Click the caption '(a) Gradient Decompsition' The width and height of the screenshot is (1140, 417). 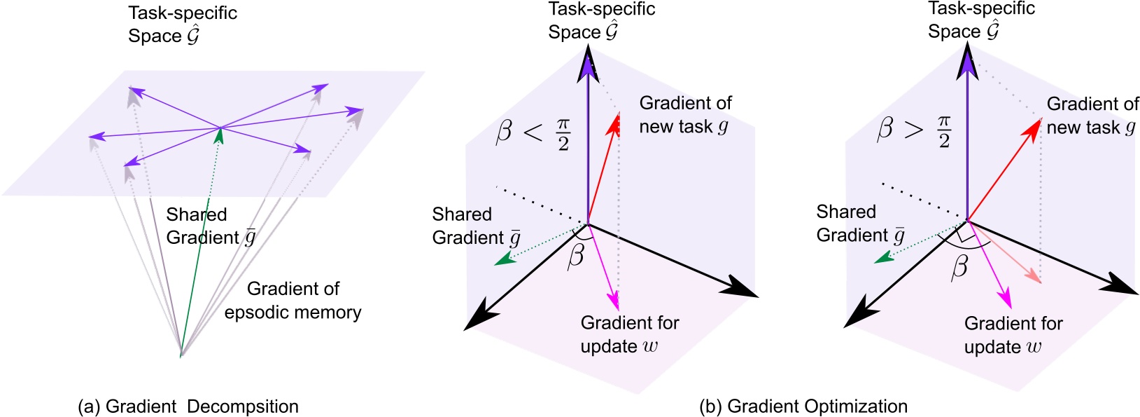188,406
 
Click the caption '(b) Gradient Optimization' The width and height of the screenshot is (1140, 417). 803,406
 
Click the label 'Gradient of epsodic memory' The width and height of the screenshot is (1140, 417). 293,301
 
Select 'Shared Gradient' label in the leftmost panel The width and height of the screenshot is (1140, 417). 210,226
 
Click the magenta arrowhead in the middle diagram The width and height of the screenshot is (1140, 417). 614,301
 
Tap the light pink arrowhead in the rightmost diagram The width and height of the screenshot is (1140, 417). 1034,277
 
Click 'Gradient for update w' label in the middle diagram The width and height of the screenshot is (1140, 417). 629,334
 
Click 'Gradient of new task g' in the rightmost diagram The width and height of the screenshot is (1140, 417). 1092,116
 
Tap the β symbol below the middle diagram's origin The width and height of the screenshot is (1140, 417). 576,257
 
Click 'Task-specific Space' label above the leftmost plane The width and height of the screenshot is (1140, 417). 182,25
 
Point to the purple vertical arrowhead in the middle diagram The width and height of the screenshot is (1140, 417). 586,67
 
